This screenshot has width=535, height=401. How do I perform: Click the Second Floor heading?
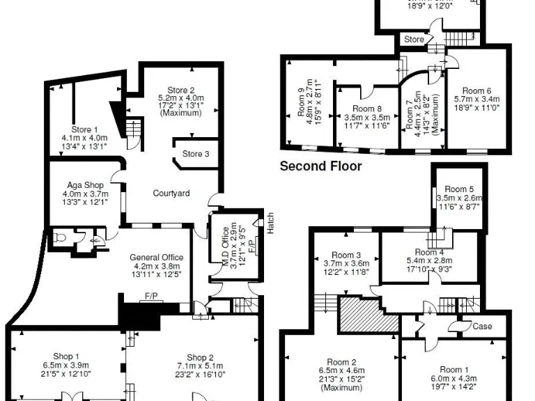(x=320, y=166)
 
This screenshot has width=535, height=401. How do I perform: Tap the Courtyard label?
(x=172, y=193)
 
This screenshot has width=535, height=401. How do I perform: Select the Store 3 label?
(x=196, y=154)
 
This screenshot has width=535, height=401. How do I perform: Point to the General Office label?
(x=156, y=258)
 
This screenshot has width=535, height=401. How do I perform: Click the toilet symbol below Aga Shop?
(x=61, y=237)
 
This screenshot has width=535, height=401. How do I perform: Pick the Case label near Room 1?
(x=482, y=326)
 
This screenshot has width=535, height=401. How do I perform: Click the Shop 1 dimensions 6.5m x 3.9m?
(x=67, y=365)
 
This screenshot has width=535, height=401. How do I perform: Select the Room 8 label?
(x=367, y=109)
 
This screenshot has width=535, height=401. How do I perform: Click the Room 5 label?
(x=459, y=189)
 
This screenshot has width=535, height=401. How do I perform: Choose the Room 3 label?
(x=346, y=255)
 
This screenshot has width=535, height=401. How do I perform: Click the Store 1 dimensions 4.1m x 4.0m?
(x=85, y=138)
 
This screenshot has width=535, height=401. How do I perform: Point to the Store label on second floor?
(x=414, y=40)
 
